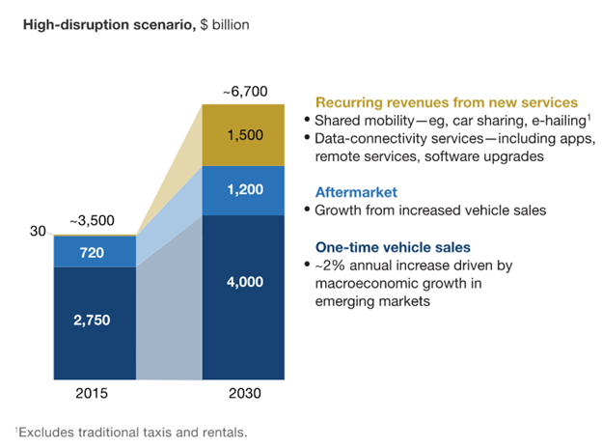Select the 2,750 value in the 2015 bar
click(94, 321)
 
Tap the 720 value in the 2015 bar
click(94, 251)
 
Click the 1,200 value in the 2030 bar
click(242, 191)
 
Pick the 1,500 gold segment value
click(242, 135)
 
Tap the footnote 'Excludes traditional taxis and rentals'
click(132, 432)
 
